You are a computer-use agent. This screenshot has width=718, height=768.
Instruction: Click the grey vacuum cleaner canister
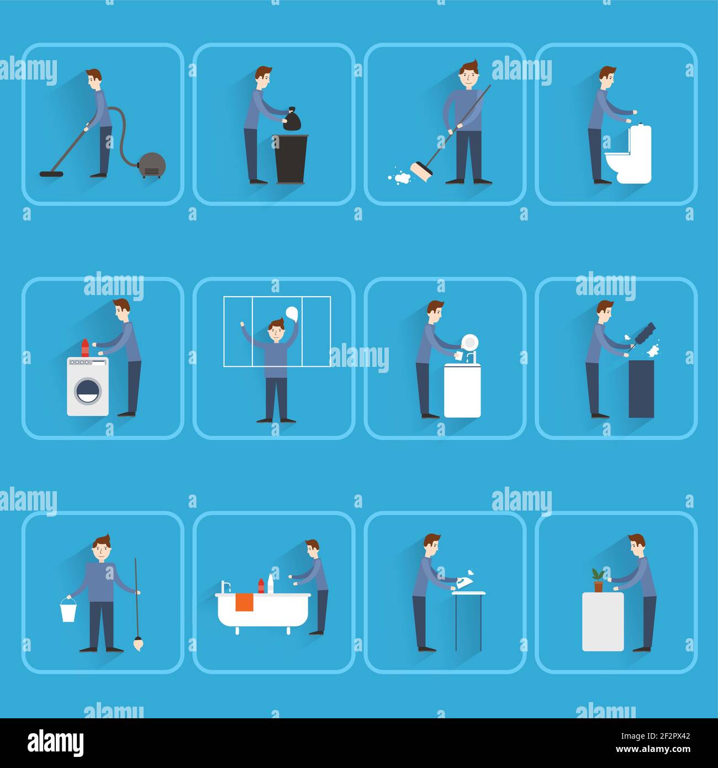tap(152, 164)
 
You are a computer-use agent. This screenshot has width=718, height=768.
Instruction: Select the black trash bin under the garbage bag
tap(291, 159)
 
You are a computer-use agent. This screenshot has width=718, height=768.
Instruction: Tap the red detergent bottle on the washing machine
tap(85, 348)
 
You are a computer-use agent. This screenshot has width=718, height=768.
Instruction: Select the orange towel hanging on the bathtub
tap(244, 602)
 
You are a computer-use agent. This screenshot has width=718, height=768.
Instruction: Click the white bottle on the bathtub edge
tap(271, 584)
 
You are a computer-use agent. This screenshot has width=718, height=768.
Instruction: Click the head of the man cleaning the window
tap(276, 333)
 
